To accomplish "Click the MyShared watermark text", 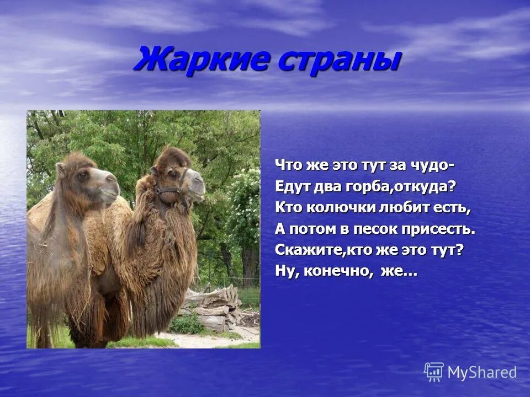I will (x=482, y=373).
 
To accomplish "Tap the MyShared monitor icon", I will (x=434, y=372).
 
